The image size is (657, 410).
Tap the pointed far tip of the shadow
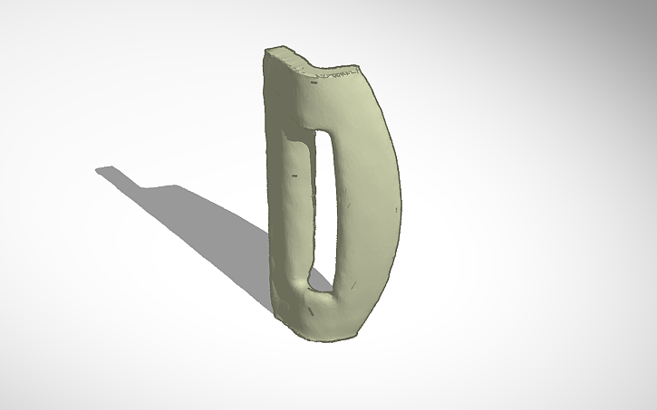(99, 168)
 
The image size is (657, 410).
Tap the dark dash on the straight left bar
(295, 173)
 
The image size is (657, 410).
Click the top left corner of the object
(266, 52)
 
